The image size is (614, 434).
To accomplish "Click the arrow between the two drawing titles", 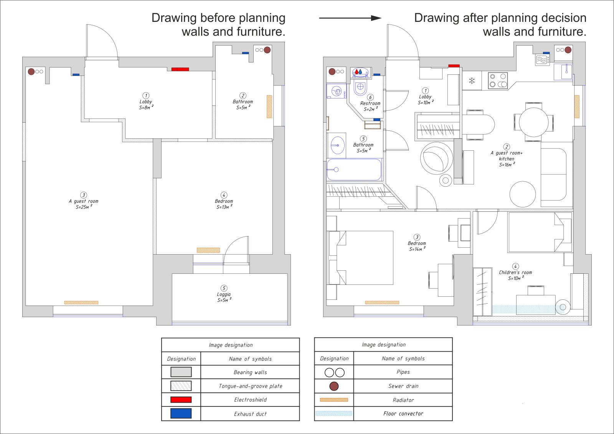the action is pos(350,18).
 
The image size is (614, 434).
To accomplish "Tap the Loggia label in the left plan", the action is pos(224,294).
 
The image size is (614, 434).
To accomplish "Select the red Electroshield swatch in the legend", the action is pos(181,399).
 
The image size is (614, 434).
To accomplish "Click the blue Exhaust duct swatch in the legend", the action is pos(181,413).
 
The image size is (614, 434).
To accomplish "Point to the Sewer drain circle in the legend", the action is pos(334,386).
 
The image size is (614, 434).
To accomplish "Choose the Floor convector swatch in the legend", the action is pos(334,413).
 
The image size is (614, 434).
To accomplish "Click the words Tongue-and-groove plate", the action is pos(250,386).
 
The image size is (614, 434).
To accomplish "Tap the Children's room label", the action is pos(515,272).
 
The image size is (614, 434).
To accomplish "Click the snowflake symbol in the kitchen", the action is pos(472,81).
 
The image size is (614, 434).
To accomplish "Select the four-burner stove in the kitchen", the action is pos(498,81).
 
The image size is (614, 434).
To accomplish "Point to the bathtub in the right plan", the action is pos(354,169).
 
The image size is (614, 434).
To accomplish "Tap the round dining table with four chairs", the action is pos(533,122).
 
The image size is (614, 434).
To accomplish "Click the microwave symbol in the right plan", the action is pos(543,60).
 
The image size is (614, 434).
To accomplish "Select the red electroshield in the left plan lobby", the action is pos(180,69).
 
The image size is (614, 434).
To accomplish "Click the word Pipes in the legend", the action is pos(403,372).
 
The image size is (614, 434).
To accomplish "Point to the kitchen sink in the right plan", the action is pos(563,72).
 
